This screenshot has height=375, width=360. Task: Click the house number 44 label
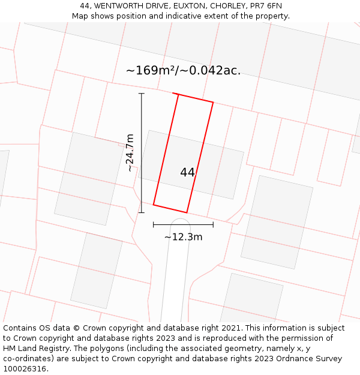tap(187, 172)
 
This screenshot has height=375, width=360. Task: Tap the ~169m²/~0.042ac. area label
tap(183, 70)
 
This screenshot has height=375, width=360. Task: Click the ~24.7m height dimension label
tap(130, 153)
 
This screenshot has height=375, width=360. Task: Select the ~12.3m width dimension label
tap(183, 237)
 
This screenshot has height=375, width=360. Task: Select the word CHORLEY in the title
tap(227, 6)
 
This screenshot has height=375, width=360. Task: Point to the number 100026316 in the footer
tap(24, 369)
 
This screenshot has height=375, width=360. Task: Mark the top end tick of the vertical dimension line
tap(142, 94)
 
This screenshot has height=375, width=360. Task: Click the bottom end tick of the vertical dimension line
tap(142, 212)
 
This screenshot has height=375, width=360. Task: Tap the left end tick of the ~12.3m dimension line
tap(154, 225)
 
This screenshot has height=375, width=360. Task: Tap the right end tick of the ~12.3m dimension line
tap(213, 225)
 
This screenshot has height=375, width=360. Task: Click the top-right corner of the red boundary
tap(213, 102)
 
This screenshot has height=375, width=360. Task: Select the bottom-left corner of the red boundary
tap(154, 205)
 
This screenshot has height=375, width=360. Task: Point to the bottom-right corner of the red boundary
tap(187, 212)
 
